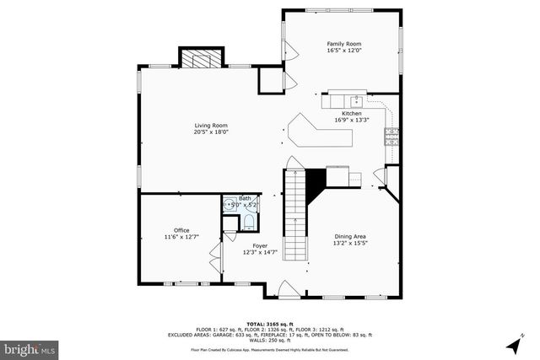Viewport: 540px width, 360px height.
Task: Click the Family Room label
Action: click(343, 43)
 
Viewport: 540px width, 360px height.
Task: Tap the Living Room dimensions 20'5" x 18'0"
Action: click(211, 132)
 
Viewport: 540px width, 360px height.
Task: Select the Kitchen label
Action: click(352, 113)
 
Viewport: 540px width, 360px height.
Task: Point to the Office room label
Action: click(181, 230)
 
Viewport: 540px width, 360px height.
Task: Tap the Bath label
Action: click(245, 198)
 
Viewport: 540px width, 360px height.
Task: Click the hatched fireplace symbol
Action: click(202, 59)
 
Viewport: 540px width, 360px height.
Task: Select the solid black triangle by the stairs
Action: click(315, 180)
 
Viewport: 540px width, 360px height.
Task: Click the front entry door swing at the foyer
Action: click(288, 289)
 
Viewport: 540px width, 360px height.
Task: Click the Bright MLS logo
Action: click(29, 347)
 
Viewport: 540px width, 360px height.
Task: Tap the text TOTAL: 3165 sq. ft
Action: click(269, 323)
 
